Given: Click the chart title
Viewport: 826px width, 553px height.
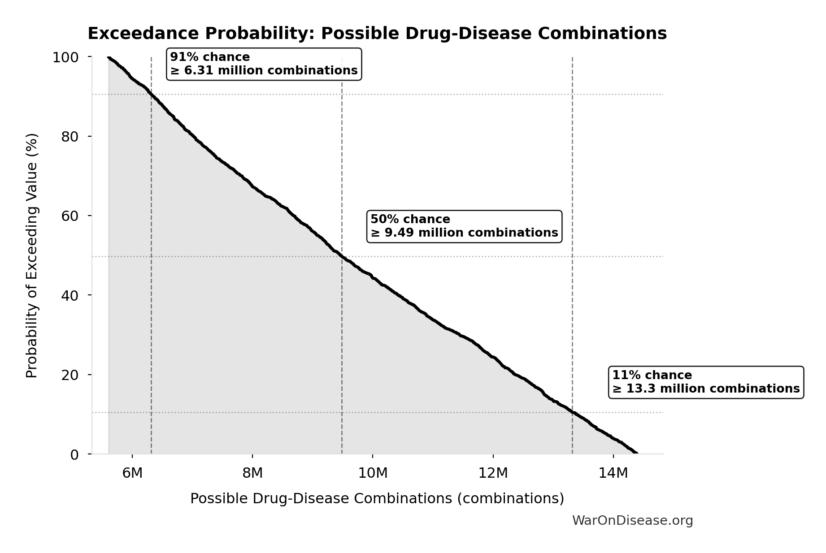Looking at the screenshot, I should click(x=377, y=34).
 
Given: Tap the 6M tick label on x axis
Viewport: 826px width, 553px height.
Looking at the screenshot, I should click(x=132, y=473).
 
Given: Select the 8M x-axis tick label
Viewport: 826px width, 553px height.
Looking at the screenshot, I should click(x=252, y=473).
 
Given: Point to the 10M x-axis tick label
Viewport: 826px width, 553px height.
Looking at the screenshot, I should click(x=373, y=473).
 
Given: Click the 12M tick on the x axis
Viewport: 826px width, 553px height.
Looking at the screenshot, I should click(x=493, y=473).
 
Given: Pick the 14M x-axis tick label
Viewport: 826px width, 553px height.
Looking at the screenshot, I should click(x=613, y=473).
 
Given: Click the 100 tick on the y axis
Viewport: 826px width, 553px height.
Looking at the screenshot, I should click(x=65, y=57).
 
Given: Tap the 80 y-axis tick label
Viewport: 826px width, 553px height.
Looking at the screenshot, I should click(x=70, y=137).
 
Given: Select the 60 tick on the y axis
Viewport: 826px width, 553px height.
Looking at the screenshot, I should click(x=70, y=216).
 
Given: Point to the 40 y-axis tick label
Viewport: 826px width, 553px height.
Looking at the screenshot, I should click(x=70, y=295).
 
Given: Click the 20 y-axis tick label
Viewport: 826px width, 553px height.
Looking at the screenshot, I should click(x=70, y=375).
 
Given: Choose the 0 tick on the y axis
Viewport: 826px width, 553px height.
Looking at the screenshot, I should click(x=74, y=454).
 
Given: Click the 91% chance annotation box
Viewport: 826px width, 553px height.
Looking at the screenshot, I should click(x=264, y=64).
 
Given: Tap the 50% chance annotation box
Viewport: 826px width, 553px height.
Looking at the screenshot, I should click(x=464, y=226).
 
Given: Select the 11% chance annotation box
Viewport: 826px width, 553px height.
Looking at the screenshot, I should click(x=706, y=382).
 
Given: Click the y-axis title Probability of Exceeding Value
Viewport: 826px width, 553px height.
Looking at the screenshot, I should click(x=32, y=255).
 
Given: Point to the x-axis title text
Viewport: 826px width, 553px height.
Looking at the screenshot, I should click(x=377, y=498).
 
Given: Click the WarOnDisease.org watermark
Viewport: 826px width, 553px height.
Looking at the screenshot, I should click(x=632, y=520).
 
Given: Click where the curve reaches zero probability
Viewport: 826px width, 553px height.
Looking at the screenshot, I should click(x=637, y=454).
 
